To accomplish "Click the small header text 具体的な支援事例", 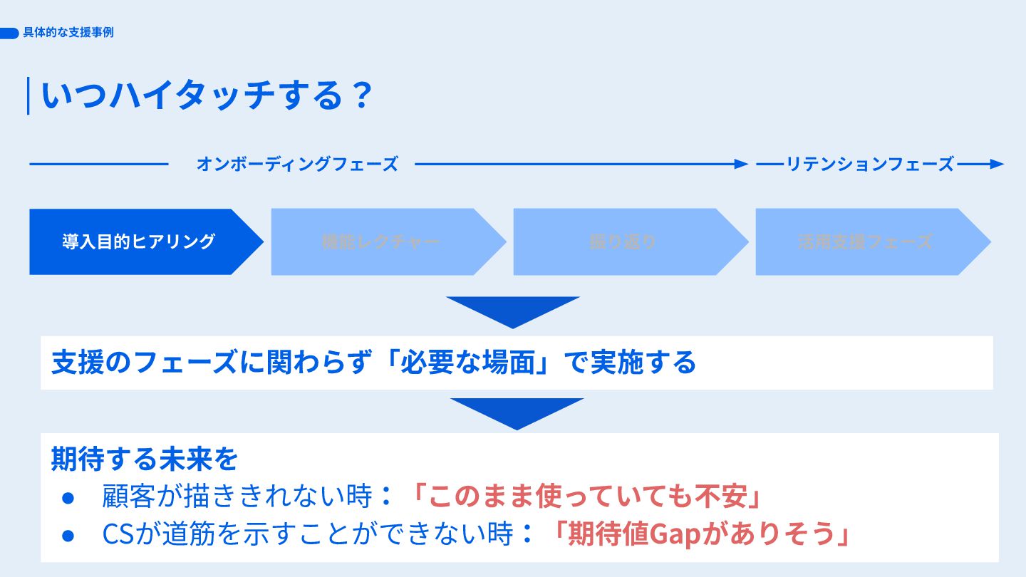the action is [x=68, y=33].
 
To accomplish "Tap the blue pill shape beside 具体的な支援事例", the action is [x=9, y=33].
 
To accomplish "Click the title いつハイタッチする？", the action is [x=207, y=95].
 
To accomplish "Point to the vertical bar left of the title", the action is [x=28, y=95].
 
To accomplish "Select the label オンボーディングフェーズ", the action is [x=296, y=164].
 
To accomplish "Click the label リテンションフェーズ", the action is [x=869, y=164].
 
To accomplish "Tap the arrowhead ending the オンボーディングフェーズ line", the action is [x=742, y=164].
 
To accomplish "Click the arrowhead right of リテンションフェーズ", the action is [x=997, y=164].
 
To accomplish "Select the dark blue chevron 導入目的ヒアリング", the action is [x=138, y=241].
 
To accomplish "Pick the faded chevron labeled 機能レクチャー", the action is [x=380, y=241].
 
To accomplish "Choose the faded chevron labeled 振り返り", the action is [x=623, y=241].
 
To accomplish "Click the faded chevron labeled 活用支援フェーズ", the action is [x=865, y=241].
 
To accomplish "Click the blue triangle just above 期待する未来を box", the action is [x=517, y=412].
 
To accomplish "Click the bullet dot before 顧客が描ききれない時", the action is [x=68, y=498].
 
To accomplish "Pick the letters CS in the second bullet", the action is [x=114, y=535].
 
